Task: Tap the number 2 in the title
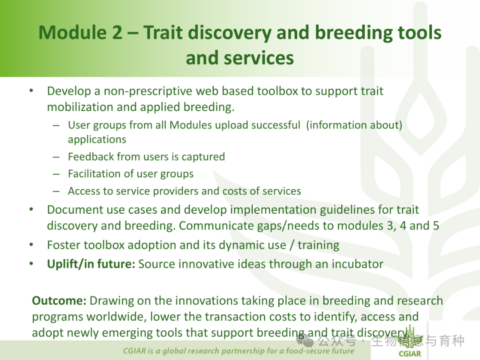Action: pyautogui.click(x=116, y=32)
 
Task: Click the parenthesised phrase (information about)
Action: pyautogui.click(x=354, y=125)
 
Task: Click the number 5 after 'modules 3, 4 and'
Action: pyautogui.click(x=436, y=226)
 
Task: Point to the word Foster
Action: pyautogui.click(x=64, y=245)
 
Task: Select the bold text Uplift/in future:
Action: pyautogui.click(x=91, y=264)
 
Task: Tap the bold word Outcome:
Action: pyautogui.click(x=60, y=300)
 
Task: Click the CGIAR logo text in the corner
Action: pyautogui.click(x=410, y=354)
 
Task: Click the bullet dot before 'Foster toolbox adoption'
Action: pyautogui.click(x=31, y=245)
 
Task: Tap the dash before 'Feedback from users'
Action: pyautogui.click(x=56, y=157)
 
